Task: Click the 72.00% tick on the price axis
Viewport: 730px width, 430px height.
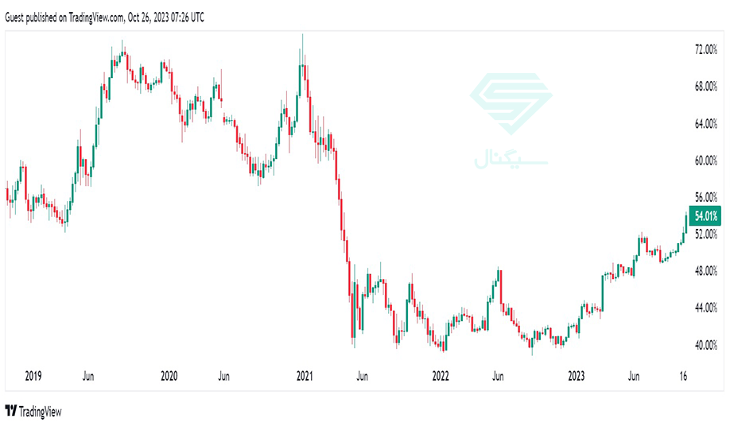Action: coord(706,49)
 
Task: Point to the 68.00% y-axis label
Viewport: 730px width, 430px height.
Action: coord(706,86)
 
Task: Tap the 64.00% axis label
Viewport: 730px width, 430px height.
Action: coord(706,123)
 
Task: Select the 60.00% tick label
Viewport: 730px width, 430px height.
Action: coord(706,161)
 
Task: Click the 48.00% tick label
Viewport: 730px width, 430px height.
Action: coord(706,271)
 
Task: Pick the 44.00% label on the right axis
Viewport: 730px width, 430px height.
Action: coord(706,308)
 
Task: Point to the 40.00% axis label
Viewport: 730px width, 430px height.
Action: coord(706,345)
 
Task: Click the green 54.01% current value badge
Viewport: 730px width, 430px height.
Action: coord(705,215)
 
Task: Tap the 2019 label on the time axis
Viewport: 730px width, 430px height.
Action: coord(33,375)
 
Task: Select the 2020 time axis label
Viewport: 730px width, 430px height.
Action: coord(169,375)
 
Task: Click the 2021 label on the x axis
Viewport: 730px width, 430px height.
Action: coord(305,375)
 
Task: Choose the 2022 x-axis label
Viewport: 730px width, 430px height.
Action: coord(441,375)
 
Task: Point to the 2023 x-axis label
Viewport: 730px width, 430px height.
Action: coord(576,375)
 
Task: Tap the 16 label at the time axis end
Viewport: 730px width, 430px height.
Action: coord(683,375)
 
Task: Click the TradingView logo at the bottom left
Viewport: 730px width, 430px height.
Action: coord(33,412)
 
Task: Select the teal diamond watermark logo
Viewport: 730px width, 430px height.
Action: coord(511,104)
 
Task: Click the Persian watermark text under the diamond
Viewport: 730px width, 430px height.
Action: coord(511,159)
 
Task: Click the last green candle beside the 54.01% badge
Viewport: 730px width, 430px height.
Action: coord(686,223)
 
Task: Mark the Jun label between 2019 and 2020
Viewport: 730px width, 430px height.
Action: coord(88,375)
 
